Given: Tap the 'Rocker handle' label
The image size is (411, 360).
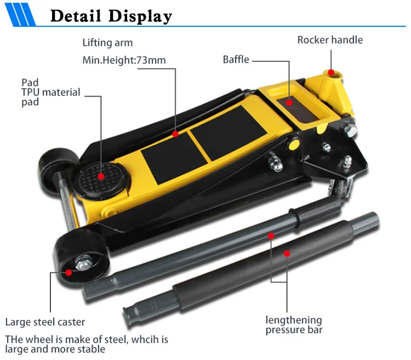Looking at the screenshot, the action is (x=330, y=40).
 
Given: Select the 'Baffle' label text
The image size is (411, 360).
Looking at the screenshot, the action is (x=236, y=59).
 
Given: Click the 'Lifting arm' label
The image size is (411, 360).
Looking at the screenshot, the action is (x=107, y=43).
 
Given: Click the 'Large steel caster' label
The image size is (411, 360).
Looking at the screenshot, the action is (x=45, y=322).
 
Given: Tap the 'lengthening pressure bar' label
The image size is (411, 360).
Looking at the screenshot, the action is (x=294, y=325).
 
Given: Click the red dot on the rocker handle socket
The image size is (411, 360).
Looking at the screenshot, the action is (x=331, y=72).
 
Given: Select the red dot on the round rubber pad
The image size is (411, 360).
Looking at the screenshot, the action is (x=101, y=176).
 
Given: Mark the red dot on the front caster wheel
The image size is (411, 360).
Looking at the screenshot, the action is (x=68, y=272).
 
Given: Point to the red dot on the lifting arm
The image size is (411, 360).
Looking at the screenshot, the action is (x=175, y=133).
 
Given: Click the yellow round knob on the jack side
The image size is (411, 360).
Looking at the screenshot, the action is (x=294, y=144).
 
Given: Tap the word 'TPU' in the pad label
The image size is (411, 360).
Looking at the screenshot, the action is (x=30, y=93).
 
